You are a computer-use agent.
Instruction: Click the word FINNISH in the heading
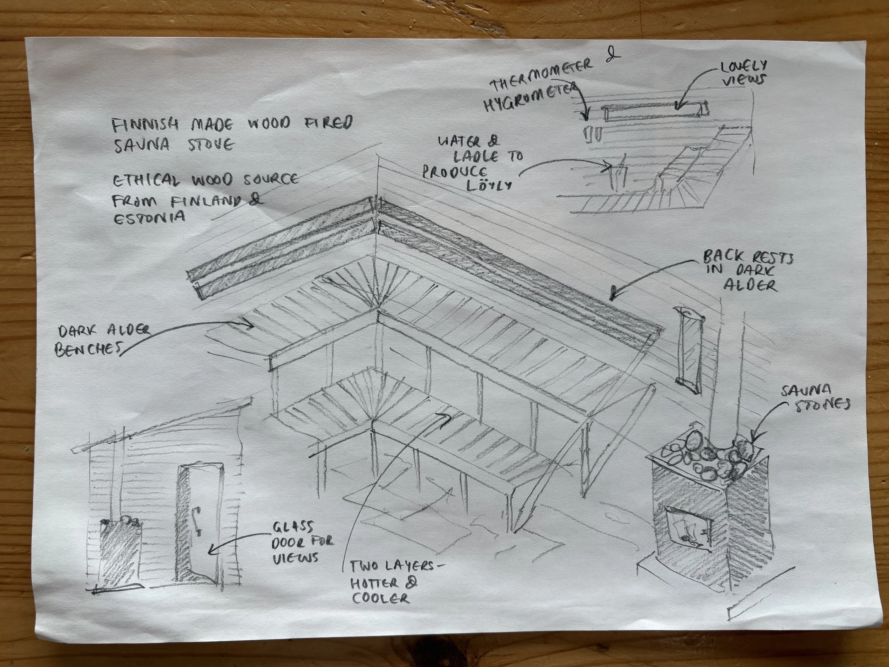click(x=143, y=126)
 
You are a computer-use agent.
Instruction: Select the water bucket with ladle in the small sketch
click(x=617, y=175)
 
